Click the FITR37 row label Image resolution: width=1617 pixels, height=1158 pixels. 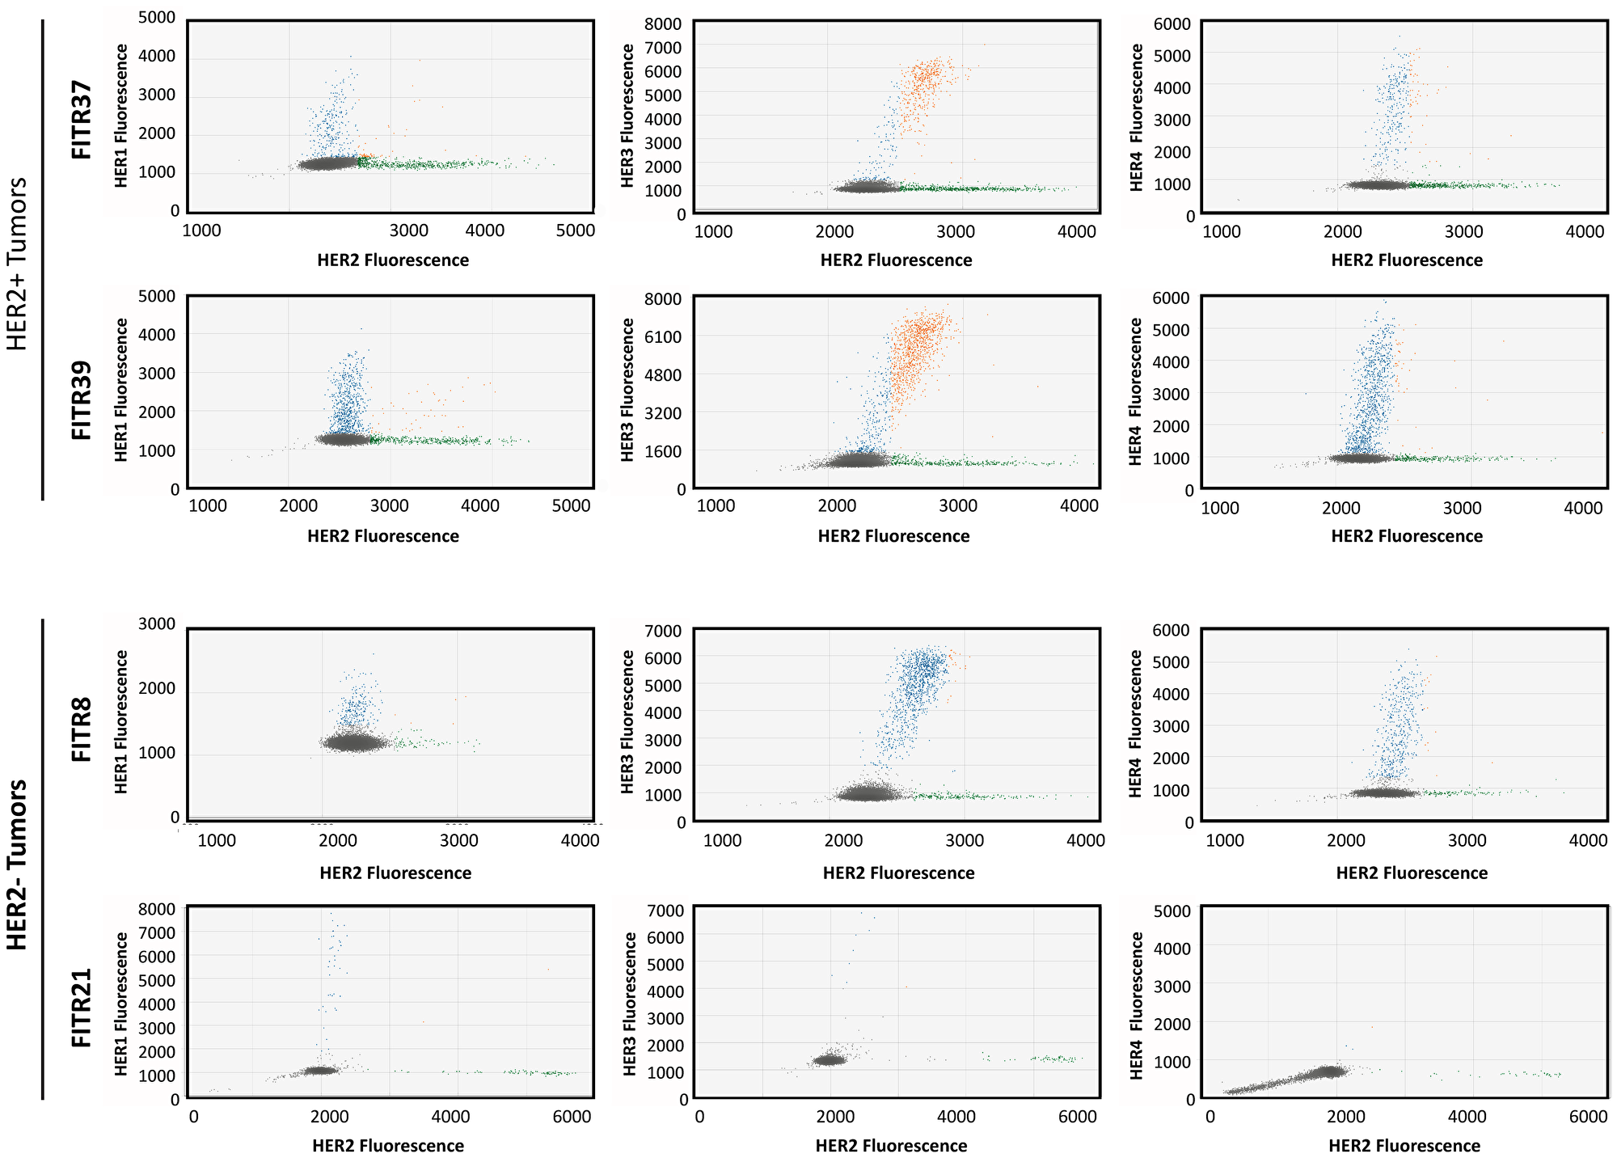coord(82,119)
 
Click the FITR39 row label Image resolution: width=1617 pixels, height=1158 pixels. coord(82,399)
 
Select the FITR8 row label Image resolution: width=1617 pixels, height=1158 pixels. coord(82,729)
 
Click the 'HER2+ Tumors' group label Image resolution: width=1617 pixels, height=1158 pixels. coord(17,264)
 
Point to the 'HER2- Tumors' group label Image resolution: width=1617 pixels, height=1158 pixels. coord(17,864)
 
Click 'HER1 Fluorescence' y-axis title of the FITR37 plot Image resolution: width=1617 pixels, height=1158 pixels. coord(121,116)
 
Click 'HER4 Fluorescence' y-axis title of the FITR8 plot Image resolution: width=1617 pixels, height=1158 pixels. coord(1136,724)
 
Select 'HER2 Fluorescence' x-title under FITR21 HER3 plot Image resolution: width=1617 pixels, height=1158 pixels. coord(891,1146)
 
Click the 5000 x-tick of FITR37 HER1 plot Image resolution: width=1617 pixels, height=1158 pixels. coord(576,230)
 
